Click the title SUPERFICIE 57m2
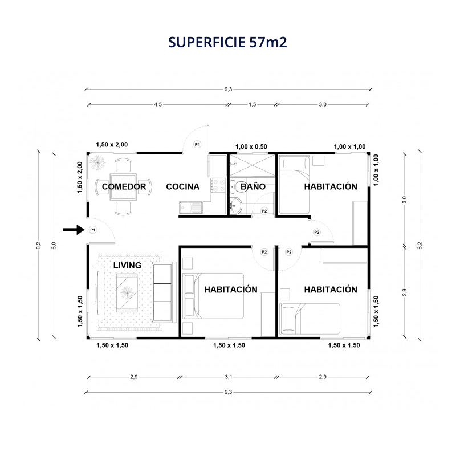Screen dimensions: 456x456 227,42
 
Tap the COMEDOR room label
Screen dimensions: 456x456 124,187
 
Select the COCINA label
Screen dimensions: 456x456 182,187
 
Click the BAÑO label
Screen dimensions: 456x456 253,186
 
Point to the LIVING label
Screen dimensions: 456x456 127,265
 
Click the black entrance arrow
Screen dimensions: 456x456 74,230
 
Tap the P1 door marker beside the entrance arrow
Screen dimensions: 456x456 92,230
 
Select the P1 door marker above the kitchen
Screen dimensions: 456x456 197,144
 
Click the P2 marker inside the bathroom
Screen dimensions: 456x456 264,211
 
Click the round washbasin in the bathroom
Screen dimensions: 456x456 236,205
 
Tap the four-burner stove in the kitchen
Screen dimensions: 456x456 218,185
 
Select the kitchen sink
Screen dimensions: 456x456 191,207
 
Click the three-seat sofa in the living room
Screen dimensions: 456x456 164,292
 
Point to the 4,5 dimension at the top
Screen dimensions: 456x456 158,104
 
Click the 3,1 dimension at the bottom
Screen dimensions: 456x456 229,377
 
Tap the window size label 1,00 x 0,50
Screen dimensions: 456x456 251,147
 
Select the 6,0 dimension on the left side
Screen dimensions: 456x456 54,246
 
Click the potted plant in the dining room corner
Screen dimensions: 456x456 97,162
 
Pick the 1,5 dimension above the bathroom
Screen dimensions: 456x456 252,104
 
